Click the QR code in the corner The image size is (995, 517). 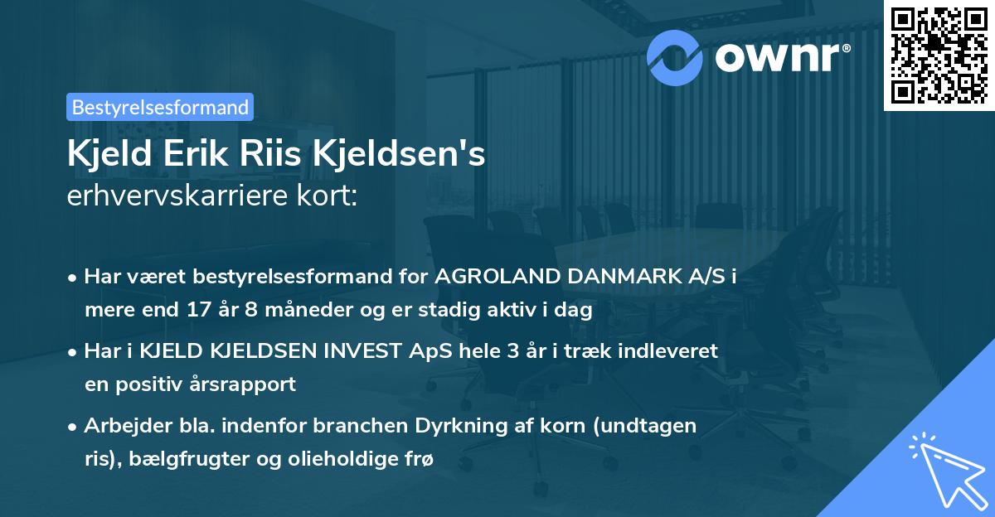[939, 55]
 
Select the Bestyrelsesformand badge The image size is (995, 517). [160, 107]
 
